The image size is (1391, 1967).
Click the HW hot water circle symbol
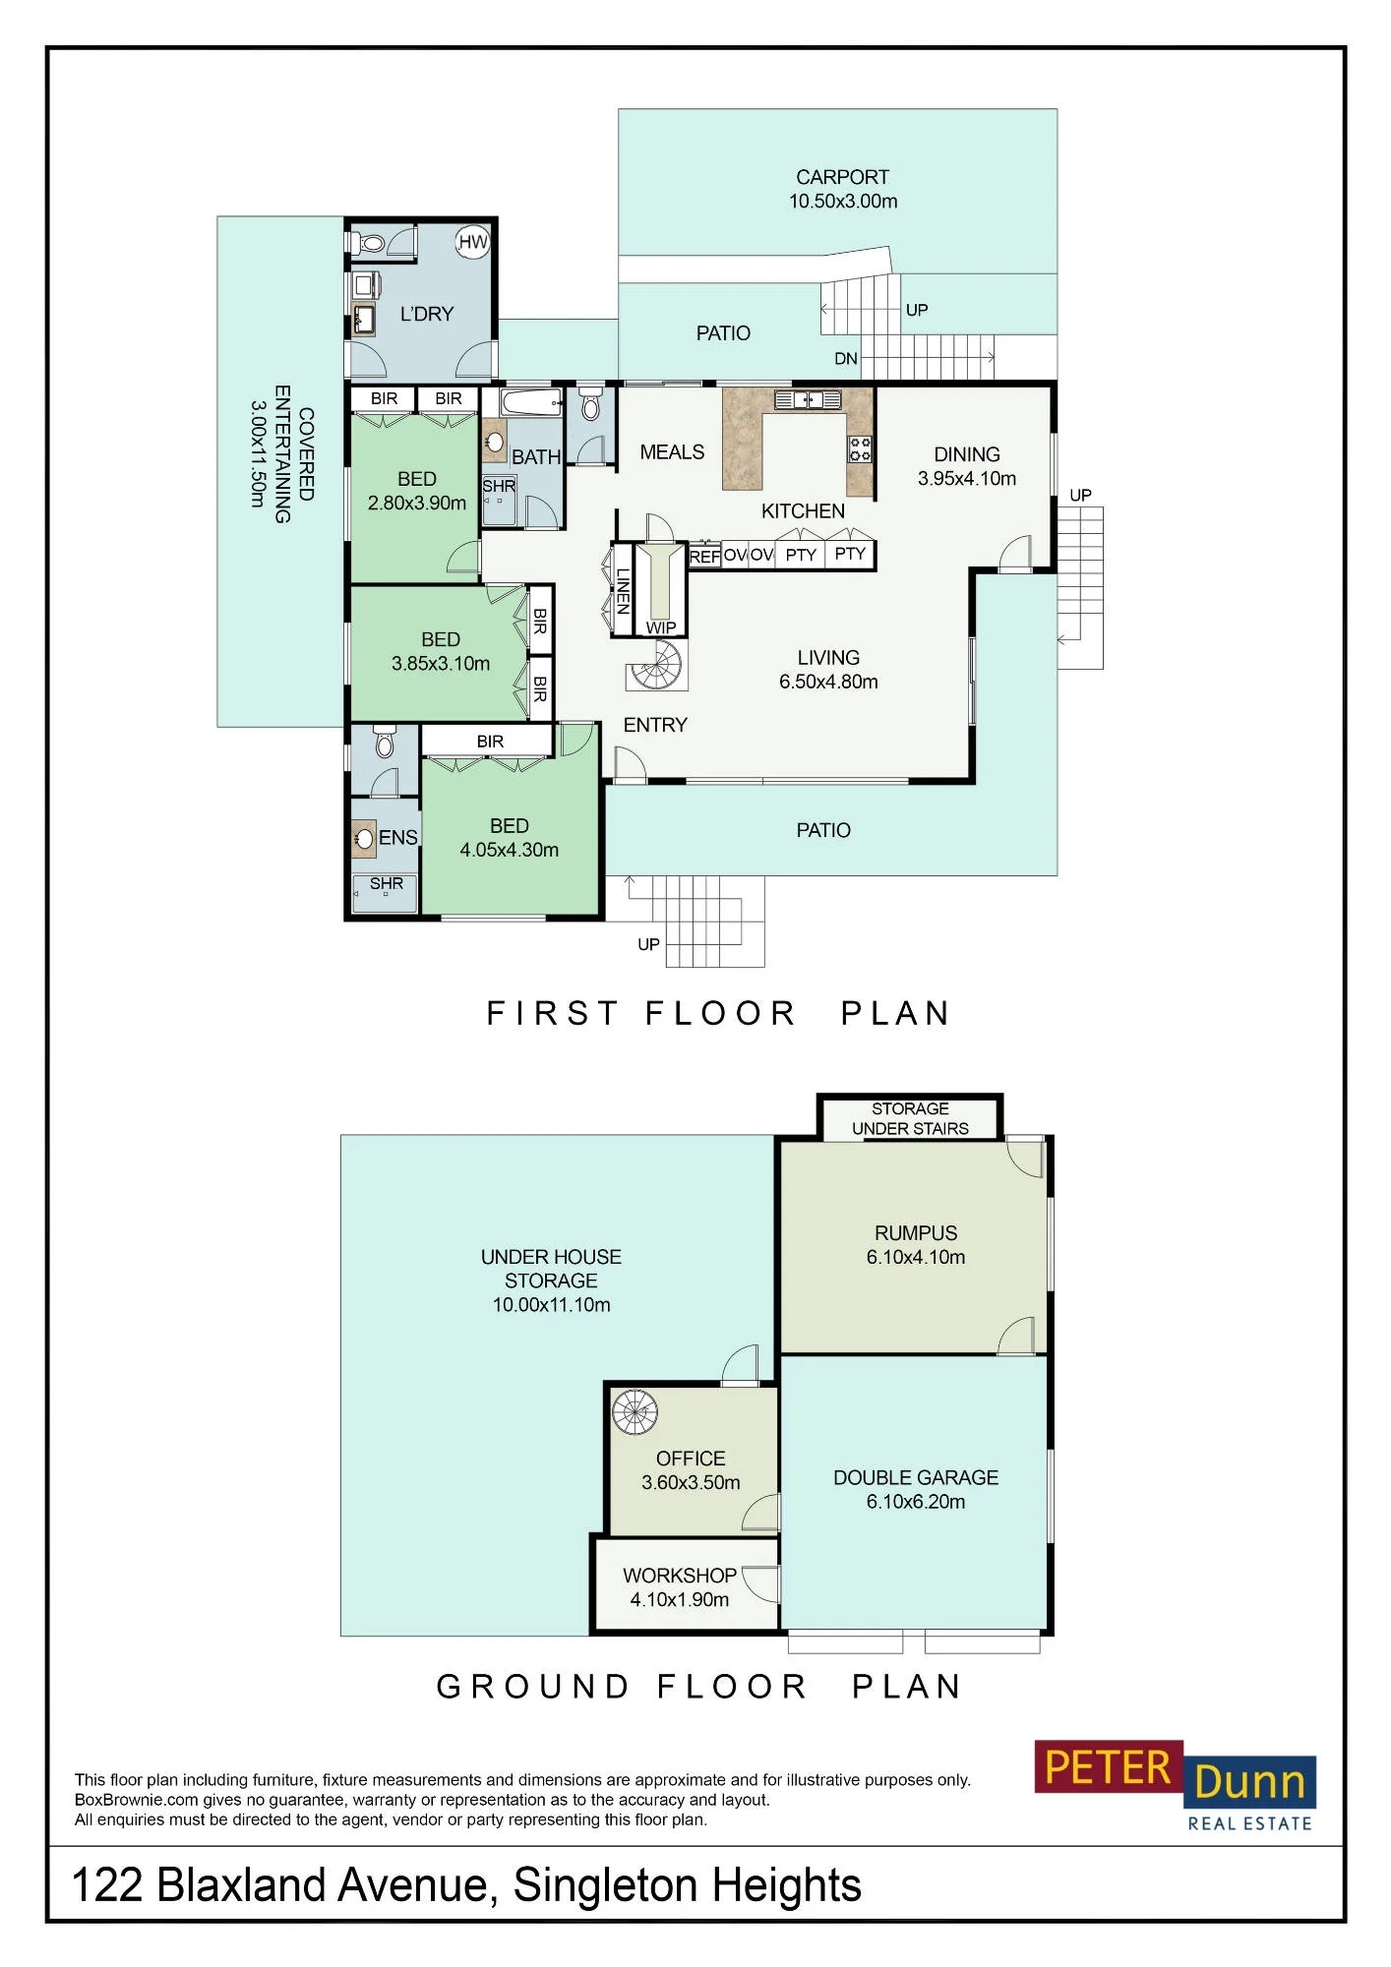pos(473,242)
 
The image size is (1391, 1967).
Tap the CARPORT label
pos(842,177)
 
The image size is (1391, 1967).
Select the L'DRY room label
pos(427,314)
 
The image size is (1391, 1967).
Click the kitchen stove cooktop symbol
pos(860,449)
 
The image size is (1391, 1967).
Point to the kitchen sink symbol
pos(808,399)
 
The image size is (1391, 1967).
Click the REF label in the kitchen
pos(704,557)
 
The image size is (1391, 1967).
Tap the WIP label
pos(661,628)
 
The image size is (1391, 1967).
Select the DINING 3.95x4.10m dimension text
pos(967,479)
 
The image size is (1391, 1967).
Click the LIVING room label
pos(828,658)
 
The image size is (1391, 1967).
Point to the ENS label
pos(398,838)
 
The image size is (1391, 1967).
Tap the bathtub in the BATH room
pos(532,402)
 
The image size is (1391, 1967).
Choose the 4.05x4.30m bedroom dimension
pos(510,850)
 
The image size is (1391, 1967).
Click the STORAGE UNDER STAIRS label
pos(910,1118)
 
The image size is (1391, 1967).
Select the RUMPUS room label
pos(916,1233)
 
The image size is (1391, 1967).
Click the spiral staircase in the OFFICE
pos(635,1412)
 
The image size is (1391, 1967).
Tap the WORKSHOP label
pos(680,1576)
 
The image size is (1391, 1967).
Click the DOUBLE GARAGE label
pos(916,1477)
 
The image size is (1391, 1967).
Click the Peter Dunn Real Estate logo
pos(1176,1786)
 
